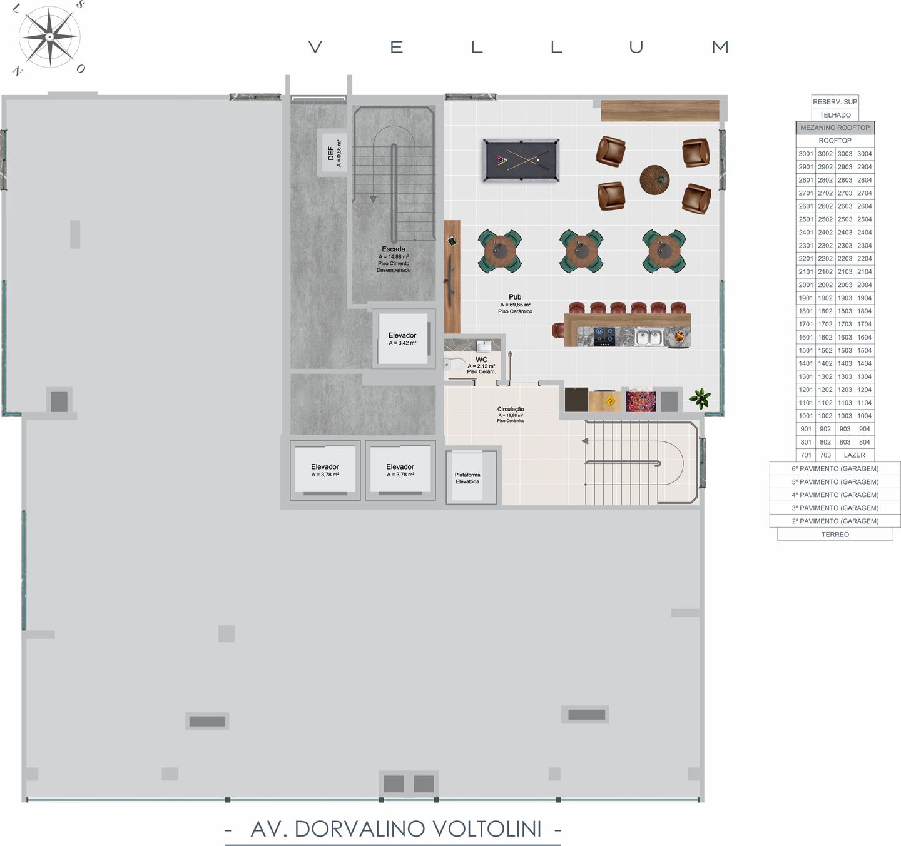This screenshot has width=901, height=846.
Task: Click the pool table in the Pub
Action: click(x=521, y=161)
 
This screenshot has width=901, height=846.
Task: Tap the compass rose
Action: click(x=49, y=37)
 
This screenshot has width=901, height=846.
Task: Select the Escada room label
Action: click(x=394, y=249)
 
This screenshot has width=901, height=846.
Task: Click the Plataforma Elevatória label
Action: click(x=467, y=478)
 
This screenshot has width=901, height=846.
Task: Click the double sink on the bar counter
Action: click(x=649, y=337)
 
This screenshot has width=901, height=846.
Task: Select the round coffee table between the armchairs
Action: click(x=654, y=180)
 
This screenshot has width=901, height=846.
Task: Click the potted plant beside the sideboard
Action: click(x=700, y=398)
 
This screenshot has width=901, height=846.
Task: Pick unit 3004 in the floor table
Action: click(x=864, y=154)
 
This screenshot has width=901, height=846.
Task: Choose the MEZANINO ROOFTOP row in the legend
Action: click(x=835, y=128)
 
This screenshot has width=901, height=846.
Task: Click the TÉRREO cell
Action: click(x=835, y=535)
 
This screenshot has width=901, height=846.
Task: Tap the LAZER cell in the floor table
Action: click(x=854, y=455)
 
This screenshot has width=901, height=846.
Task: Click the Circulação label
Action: click(x=511, y=409)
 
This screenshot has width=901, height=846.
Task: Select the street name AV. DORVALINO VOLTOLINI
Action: click(x=396, y=829)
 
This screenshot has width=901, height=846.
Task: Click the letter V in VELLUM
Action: click(x=315, y=47)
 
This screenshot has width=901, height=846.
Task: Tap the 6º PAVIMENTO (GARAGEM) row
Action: click(x=835, y=469)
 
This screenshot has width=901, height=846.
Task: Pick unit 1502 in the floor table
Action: click(x=825, y=350)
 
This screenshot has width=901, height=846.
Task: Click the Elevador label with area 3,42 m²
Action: click(x=402, y=339)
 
